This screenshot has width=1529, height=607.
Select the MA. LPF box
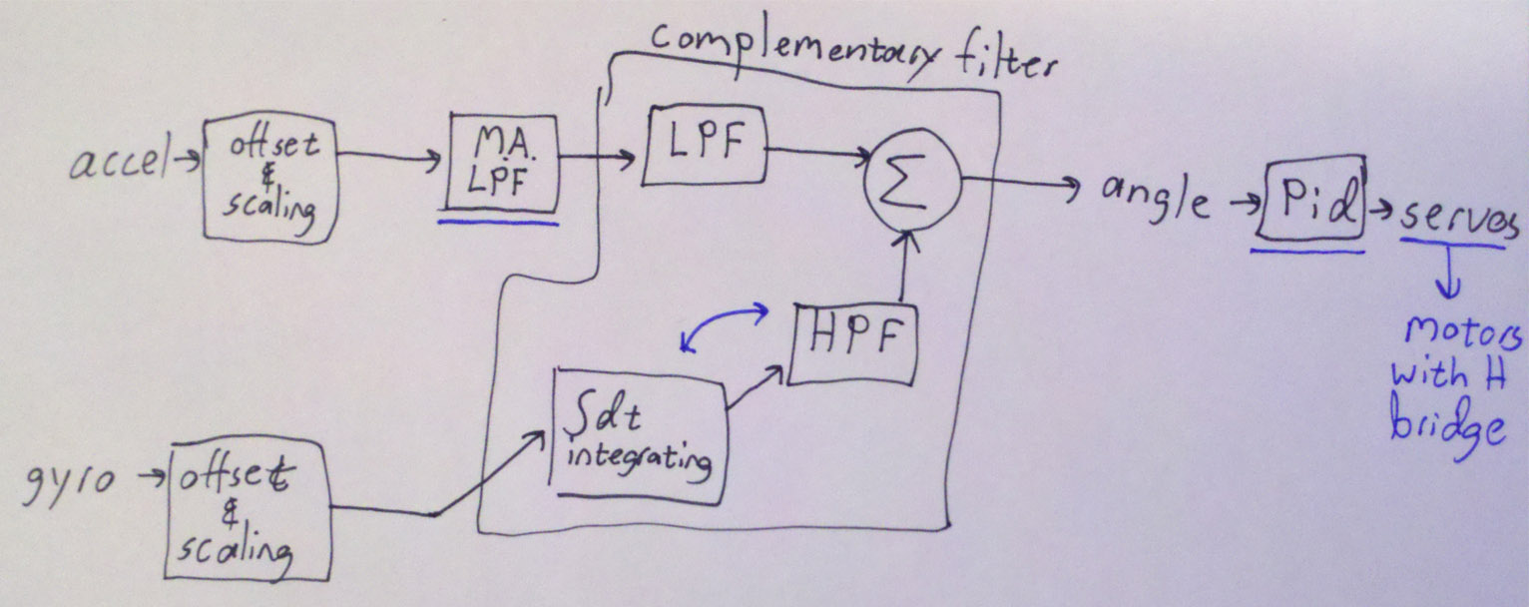point(502,165)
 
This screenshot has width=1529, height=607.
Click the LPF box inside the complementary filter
point(704,145)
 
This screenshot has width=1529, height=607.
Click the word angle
point(1155,201)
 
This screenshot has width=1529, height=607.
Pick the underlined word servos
point(1459,221)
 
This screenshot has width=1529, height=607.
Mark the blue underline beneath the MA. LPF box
point(496,221)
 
